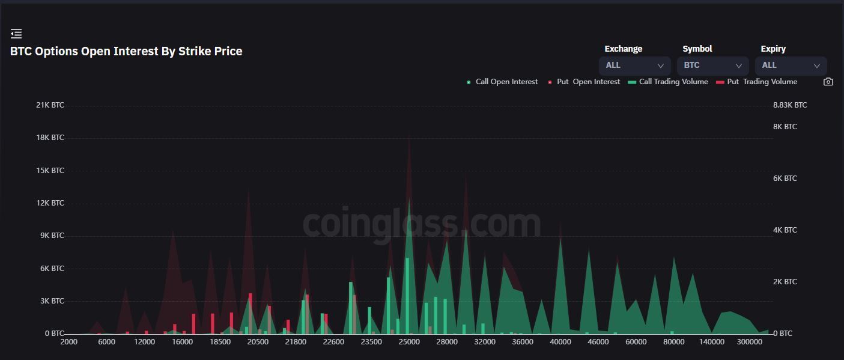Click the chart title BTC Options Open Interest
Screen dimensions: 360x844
coord(126,52)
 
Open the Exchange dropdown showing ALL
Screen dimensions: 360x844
coord(634,66)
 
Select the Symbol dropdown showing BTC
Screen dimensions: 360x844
coord(712,66)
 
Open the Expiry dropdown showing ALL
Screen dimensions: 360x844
coord(791,66)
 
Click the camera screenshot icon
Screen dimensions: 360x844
coord(828,82)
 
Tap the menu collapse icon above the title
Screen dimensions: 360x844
coord(16,34)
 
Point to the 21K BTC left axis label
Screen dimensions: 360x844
coord(50,105)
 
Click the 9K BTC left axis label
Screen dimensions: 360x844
coord(50,236)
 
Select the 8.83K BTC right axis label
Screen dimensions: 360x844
coord(790,105)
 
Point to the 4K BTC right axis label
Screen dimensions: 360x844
coord(785,230)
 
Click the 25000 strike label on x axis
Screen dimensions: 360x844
coord(409,342)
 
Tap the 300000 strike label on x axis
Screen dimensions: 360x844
coord(749,342)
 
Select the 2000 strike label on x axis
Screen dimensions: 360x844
coord(69,342)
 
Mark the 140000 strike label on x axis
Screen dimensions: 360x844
coord(712,342)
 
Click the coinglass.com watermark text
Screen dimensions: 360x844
coord(421,223)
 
